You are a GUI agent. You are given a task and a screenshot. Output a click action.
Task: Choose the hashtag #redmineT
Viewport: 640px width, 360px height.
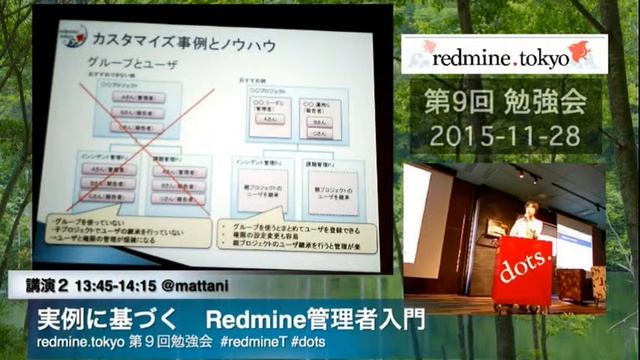tap(257, 343)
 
